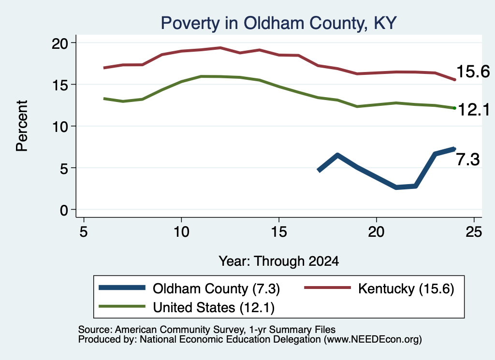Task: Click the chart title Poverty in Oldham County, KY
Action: point(278,23)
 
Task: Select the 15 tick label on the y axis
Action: point(59,85)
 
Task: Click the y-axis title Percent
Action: point(22,126)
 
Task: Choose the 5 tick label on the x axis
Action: point(83,232)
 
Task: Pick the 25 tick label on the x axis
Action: point(474,232)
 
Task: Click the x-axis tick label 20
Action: point(376,232)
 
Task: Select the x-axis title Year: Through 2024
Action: point(279,261)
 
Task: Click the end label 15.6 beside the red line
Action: point(473,72)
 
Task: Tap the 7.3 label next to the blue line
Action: point(468,159)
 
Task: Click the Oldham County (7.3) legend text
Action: point(216,288)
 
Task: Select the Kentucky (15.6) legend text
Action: point(406,288)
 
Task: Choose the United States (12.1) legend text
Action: point(214,308)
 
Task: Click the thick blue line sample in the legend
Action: point(122,288)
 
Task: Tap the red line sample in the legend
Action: point(327,288)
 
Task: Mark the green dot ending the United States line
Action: point(454,108)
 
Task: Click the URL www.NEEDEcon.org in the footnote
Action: point(373,340)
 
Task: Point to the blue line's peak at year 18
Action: point(337,155)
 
